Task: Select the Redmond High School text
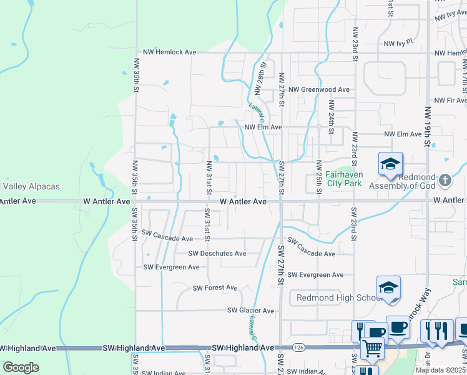coord(338,297)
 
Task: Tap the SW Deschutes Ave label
coord(217,254)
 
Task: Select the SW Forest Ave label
coord(215,288)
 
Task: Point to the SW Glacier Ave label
coord(250,311)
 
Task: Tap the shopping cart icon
coord(373,347)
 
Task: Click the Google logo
coord(21,367)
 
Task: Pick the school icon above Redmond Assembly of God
coord(391,164)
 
